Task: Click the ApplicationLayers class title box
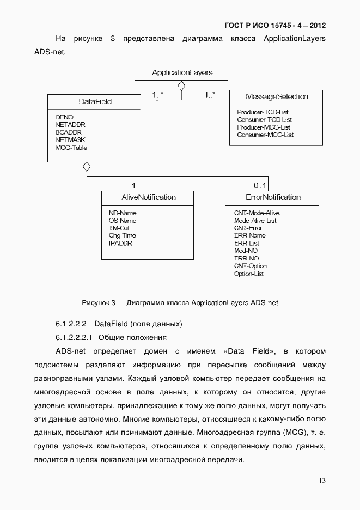pos(181,73)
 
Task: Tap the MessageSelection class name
pos(277,96)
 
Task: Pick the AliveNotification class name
pos(148,197)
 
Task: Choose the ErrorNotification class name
pos(272,197)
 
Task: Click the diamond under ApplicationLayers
pos(181,86)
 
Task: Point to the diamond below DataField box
pos(87,167)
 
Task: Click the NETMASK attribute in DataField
pos(67,140)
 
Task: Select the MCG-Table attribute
pos(71,148)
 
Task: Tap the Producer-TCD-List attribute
pos(263,112)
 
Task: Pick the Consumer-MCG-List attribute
pos(265,135)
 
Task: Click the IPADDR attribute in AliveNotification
pos(120,243)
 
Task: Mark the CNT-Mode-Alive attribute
pos(257,212)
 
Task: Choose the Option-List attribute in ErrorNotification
pos(249,274)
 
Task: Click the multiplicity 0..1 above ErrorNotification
pos(260,185)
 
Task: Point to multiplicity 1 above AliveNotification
pos(133,185)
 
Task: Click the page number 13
pos(322,480)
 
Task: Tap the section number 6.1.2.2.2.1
pos(75,337)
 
